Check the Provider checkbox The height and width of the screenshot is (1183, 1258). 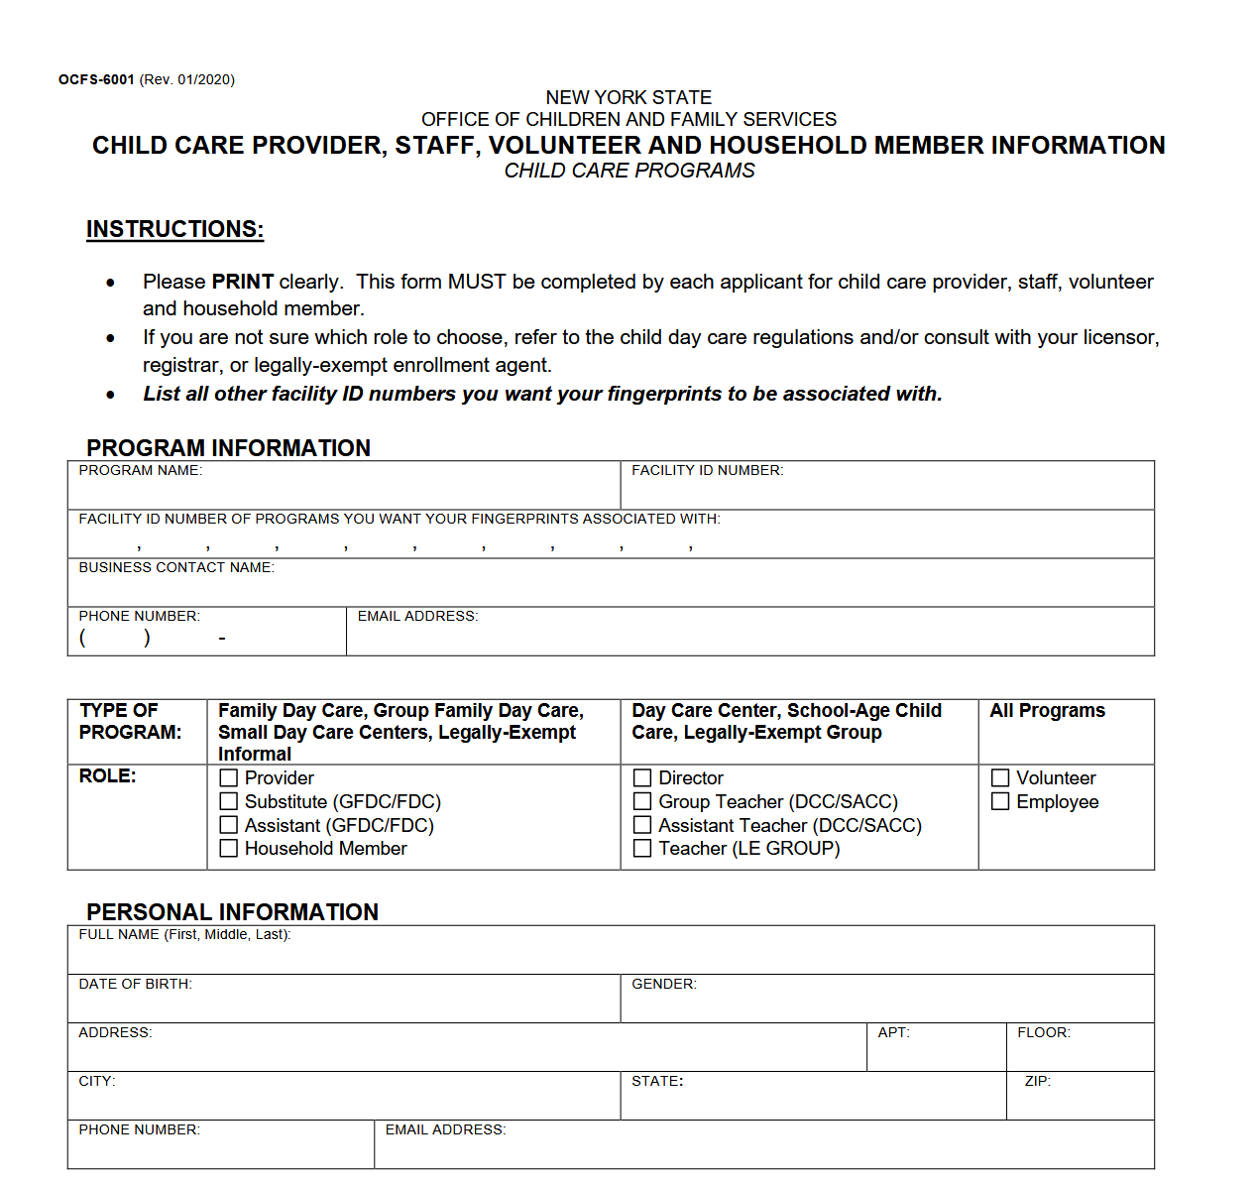pos(229,778)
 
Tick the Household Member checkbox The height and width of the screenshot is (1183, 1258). pos(229,849)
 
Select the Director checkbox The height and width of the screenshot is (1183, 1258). pos(642,778)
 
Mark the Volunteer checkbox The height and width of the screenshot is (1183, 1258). pos(1000,778)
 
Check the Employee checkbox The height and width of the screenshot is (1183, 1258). pos(1000,801)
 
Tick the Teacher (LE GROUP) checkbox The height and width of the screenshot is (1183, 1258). pos(642,849)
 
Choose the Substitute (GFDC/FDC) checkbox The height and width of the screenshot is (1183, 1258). pos(229,801)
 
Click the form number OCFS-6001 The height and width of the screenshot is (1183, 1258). pos(96,80)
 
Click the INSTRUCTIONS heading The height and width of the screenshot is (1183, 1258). pos(174,229)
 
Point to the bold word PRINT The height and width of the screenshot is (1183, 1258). pos(242,282)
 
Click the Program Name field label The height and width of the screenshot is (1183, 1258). pos(140,471)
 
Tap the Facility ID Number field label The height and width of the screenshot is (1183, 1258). pos(707,471)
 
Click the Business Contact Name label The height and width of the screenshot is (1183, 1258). pos(176,568)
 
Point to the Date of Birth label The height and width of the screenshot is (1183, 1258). pos(135,985)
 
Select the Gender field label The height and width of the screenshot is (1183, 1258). pos(663,985)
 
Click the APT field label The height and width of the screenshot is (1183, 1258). pos(893,1033)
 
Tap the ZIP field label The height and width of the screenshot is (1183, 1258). pos(1037,1082)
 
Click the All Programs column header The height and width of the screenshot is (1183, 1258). pos(1047,711)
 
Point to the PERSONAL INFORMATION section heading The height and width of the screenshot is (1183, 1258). pos(232,912)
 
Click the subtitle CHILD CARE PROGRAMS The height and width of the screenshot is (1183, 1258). pos(629,171)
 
